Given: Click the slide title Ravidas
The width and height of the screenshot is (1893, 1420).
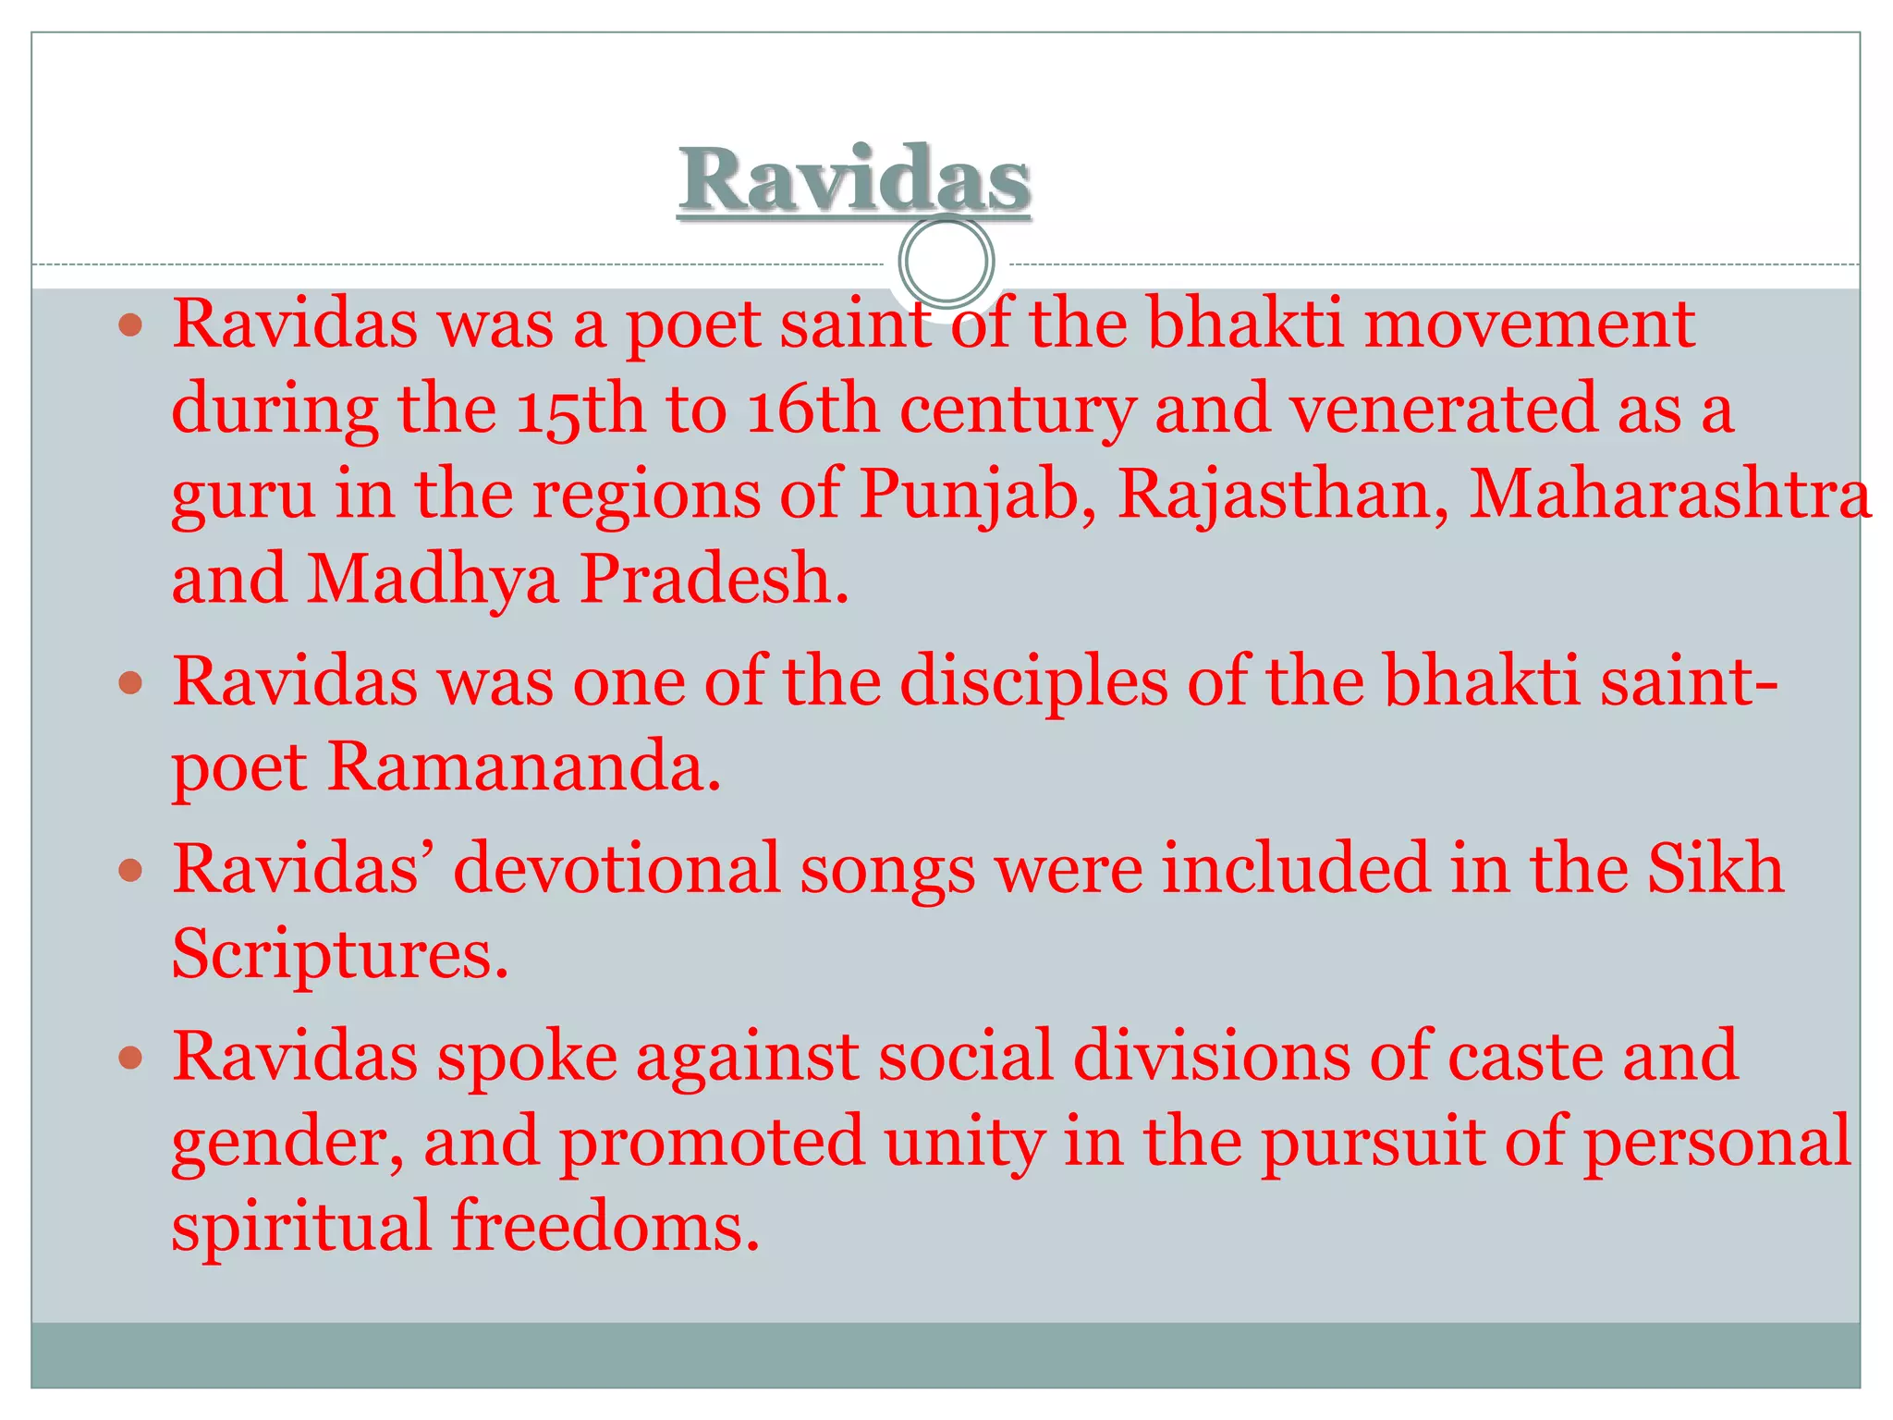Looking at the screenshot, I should pos(854,180).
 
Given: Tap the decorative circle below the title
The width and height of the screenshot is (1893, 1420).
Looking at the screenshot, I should pos(946,261).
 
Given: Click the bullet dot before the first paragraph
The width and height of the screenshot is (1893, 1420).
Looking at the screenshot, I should pos(131,324).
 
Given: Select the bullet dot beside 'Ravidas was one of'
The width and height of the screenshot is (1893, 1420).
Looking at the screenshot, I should pos(131,683).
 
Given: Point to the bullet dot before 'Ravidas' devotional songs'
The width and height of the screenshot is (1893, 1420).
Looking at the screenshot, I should pos(131,870).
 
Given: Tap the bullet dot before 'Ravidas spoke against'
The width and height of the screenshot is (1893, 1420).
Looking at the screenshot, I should pos(131,1057).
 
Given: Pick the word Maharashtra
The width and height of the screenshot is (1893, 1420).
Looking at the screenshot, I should pos(1669,495).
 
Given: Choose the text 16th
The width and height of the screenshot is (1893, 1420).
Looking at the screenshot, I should pos(812,410).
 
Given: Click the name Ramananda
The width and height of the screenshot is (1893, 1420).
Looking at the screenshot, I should pos(523,767).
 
